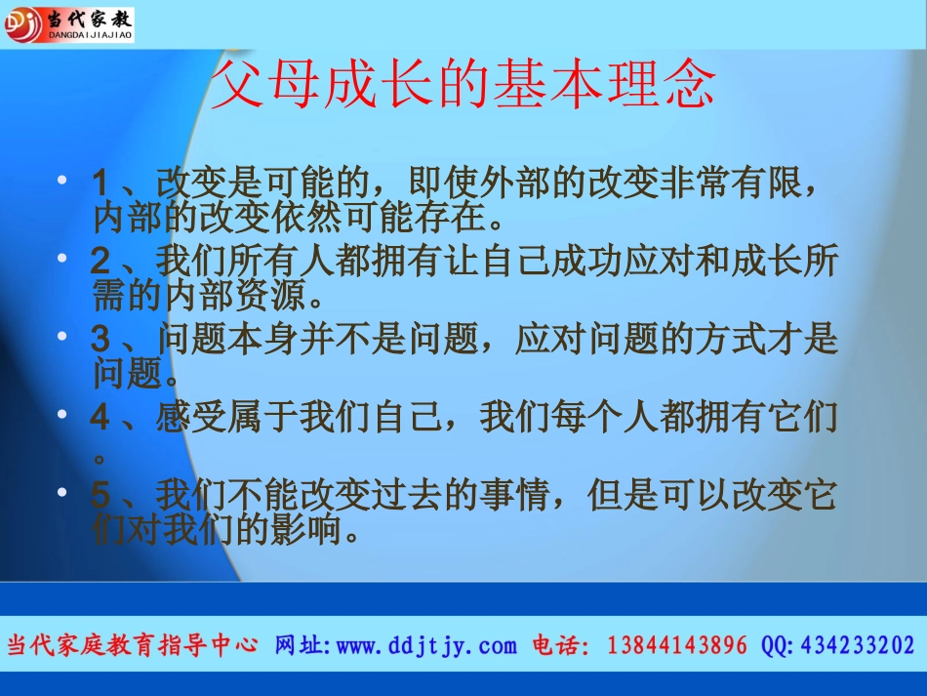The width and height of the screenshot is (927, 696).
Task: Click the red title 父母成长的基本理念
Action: coord(463,87)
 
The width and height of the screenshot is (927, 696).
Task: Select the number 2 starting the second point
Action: coord(101,261)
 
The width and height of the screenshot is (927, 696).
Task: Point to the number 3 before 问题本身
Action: coord(101,340)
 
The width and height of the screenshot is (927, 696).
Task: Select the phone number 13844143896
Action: coord(677,645)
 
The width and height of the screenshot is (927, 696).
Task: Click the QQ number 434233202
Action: coord(858,645)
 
